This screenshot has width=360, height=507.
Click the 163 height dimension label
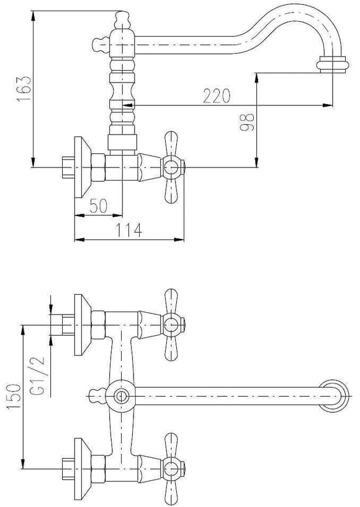click(x=24, y=89)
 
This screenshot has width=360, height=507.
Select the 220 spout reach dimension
click(x=217, y=96)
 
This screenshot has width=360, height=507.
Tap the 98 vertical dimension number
click(x=248, y=122)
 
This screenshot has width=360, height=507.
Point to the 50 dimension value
click(x=98, y=205)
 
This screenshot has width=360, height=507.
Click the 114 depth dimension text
click(x=128, y=230)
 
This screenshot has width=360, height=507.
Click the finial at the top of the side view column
click(x=122, y=20)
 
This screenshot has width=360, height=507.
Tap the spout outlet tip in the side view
click(x=332, y=65)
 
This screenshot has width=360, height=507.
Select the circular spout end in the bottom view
click(x=334, y=395)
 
